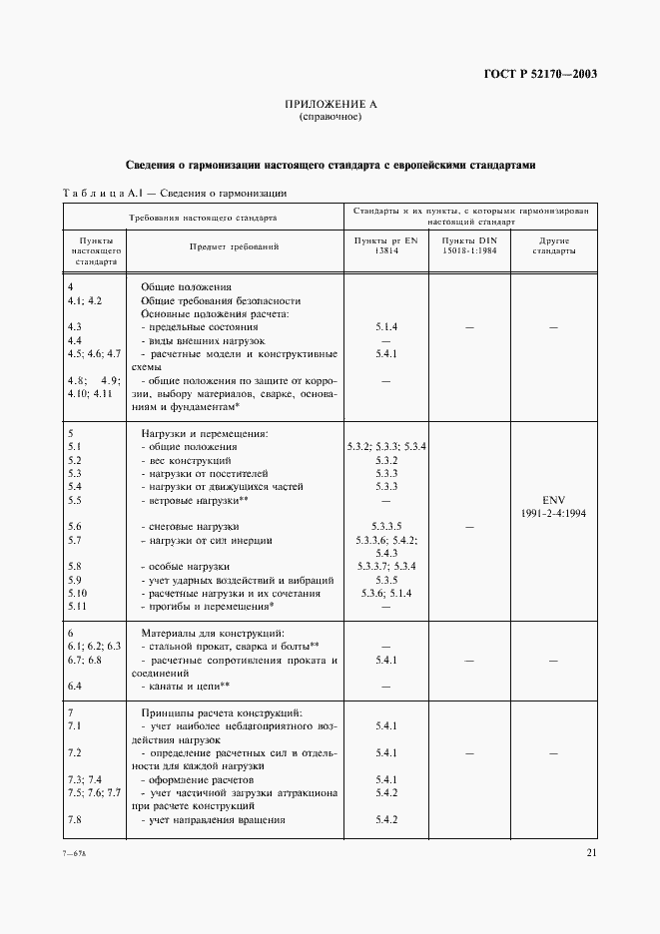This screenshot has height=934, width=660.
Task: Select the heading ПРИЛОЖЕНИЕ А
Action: click(330, 105)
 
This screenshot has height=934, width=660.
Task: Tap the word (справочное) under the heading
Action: click(330, 118)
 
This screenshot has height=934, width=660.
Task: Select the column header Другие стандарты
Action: click(554, 246)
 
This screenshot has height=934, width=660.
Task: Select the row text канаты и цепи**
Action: click(187, 687)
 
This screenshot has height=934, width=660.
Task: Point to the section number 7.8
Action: click(74, 820)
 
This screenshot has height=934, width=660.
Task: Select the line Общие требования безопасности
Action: click(221, 300)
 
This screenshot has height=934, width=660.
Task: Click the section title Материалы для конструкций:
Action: click(214, 633)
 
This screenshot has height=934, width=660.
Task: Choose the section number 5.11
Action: click(76, 606)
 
